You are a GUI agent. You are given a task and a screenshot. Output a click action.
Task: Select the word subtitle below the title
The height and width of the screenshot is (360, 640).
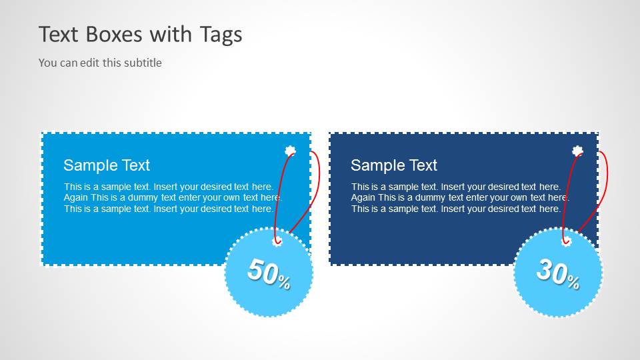pyautogui.click(x=143, y=63)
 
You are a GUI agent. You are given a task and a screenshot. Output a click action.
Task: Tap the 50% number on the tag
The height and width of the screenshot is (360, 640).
pyautogui.click(x=263, y=272)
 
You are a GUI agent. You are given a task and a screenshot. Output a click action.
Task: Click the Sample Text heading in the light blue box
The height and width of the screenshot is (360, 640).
pyautogui.click(x=107, y=165)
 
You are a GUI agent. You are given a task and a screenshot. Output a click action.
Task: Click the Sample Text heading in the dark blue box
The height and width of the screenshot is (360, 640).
pyautogui.click(x=394, y=165)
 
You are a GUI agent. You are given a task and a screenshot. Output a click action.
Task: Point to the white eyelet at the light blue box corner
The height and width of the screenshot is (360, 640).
pyautogui.click(x=290, y=151)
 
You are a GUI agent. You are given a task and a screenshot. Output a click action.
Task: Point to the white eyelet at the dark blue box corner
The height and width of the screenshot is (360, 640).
pyautogui.click(x=577, y=151)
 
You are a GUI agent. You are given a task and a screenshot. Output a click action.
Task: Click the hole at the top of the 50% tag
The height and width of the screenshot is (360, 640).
pyautogui.click(x=277, y=241)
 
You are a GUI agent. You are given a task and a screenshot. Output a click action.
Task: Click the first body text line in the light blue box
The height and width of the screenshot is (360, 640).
pyautogui.click(x=169, y=187)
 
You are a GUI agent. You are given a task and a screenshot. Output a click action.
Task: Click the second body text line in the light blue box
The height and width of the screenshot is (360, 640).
pyautogui.click(x=173, y=197)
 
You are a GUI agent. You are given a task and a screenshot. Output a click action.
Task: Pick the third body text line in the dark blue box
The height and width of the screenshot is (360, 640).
pyautogui.click(x=456, y=209)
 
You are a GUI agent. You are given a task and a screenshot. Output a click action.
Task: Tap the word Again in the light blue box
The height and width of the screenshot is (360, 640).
pyautogui.click(x=76, y=197)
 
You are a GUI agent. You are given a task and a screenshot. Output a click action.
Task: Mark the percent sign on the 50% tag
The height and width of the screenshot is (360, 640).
pyautogui.click(x=284, y=283)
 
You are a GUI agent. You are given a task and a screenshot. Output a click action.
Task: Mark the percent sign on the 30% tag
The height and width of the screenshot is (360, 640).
pyautogui.click(x=573, y=282)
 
